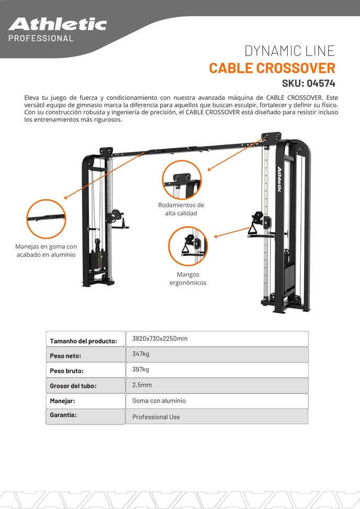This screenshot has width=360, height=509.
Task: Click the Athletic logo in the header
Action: tap(58, 25)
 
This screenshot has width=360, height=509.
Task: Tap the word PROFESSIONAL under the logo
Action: tap(41, 38)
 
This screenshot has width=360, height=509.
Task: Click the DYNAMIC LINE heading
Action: tap(289, 51)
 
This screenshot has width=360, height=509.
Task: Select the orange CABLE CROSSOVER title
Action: tap(272, 68)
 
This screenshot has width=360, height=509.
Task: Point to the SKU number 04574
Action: tap(321, 83)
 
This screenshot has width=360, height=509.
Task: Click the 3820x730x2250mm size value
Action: tap(160, 338)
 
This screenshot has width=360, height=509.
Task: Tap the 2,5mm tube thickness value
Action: tap(142, 385)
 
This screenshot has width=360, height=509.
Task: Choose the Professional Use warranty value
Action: tap(156, 417)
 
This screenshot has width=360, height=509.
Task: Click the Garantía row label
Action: tap(63, 415)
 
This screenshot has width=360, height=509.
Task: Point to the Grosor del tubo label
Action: tap(73, 386)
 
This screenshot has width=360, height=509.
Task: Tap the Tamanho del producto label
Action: tap(83, 341)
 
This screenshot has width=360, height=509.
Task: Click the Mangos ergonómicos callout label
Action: tap(188, 278)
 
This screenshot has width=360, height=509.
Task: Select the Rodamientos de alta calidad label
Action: tap(181, 209)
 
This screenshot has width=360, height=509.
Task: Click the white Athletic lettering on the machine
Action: tap(279, 179)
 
